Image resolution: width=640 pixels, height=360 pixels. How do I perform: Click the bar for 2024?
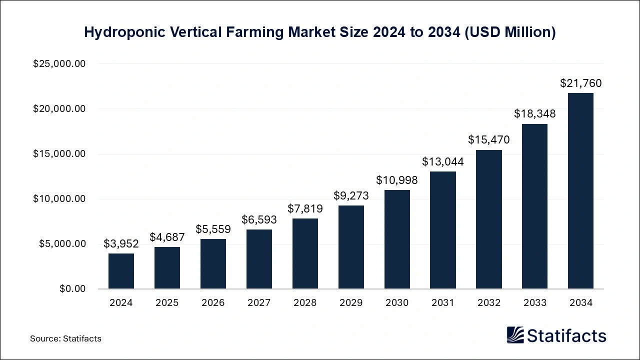pos(121,271)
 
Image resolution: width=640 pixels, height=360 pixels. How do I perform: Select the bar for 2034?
pos(580,191)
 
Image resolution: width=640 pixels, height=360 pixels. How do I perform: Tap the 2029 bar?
pos(351,247)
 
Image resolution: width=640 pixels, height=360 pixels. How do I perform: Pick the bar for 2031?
pos(443,230)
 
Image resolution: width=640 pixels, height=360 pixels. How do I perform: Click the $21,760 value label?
pos(580,83)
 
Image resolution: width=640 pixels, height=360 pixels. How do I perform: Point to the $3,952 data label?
pos(121,244)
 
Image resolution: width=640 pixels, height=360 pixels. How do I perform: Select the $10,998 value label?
pos(397,180)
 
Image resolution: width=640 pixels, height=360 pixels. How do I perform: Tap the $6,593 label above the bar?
pos(259,220)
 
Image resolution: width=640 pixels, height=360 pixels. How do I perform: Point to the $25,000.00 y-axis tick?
pos(59,64)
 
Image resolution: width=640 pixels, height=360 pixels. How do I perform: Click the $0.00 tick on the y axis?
pos(72,289)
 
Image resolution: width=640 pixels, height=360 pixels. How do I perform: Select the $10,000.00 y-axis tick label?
pos(59,199)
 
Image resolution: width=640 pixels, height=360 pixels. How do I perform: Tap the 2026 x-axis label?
pos(213,303)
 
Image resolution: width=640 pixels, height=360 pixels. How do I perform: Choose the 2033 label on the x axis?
pos(534,303)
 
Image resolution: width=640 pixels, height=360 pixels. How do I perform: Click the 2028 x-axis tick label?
pos(305,303)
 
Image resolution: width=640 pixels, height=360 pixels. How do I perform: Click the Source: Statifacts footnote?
pos(65,339)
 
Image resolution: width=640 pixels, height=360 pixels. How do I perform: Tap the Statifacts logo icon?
pos(515,335)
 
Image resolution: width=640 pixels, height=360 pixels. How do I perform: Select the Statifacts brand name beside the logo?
pos(566,335)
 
